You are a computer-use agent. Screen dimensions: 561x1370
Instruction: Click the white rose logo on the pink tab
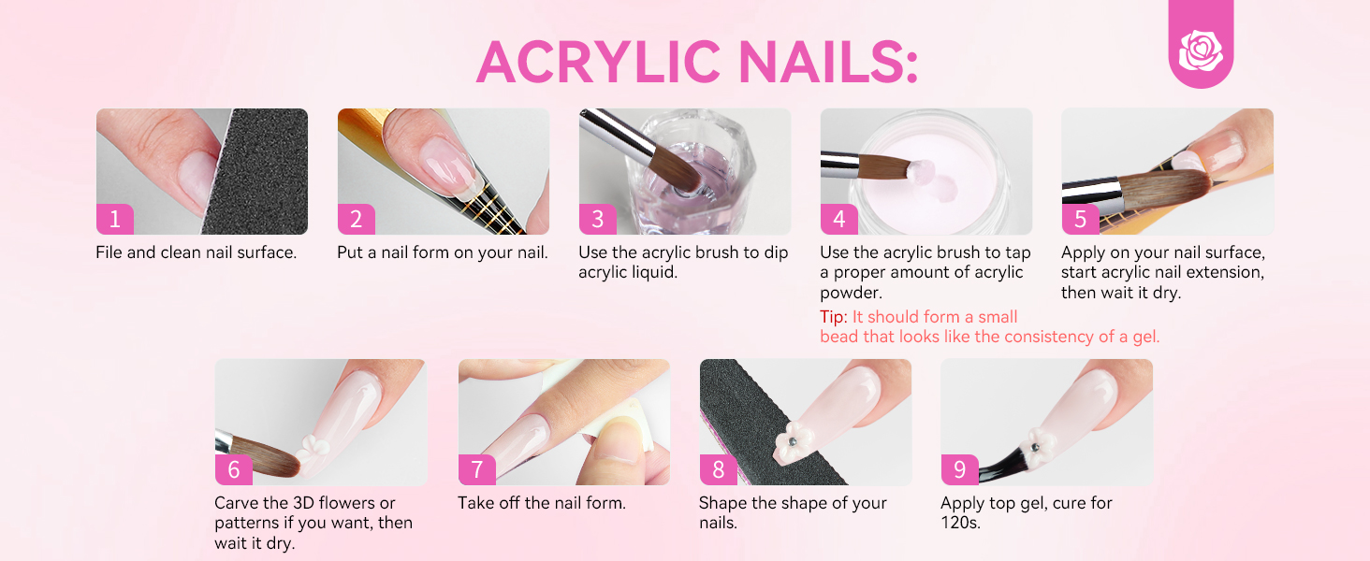pos(1201,50)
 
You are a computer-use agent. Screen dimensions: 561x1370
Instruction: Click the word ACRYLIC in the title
pos(598,63)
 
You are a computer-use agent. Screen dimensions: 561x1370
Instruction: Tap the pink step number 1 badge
pos(114,220)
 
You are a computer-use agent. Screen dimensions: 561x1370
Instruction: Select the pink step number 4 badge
pos(838,220)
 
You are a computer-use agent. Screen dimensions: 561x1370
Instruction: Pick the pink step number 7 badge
pos(476,469)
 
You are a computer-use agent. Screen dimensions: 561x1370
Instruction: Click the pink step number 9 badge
pos(959,469)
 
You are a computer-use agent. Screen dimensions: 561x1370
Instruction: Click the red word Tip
pos(833,317)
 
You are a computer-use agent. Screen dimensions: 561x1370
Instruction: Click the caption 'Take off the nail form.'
pos(541,503)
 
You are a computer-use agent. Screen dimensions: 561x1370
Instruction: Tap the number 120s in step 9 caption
pos(960,523)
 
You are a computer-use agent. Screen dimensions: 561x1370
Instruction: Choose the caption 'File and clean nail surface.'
pos(196,252)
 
